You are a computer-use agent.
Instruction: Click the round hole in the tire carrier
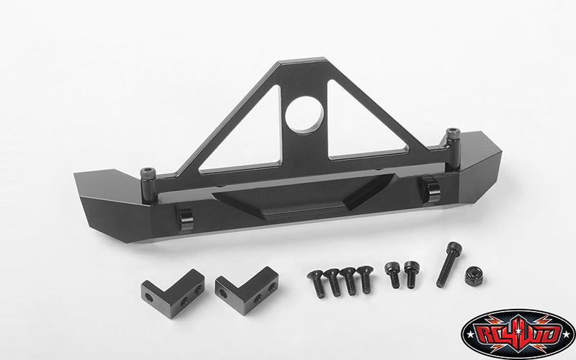[305, 115]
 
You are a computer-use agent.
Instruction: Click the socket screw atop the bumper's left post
[148, 173]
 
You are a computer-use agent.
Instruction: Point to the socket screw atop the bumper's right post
[453, 133]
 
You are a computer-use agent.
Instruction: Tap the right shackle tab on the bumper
[430, 189]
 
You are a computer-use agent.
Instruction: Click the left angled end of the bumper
[110, 206]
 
